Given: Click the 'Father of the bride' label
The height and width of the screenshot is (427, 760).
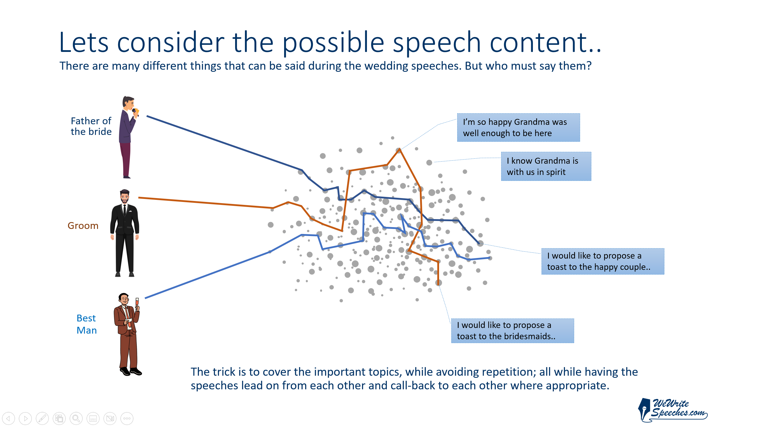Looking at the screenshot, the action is click(x=91, y=126).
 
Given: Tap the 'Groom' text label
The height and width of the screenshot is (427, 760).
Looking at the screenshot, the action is click(x=83, y=226).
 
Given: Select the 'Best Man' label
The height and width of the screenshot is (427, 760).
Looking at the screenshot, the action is click(x=86, y=324).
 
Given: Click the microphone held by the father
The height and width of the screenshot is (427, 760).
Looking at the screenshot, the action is click(x=135, y=112).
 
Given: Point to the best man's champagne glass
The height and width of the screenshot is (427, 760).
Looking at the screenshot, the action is click(x=137, y=302).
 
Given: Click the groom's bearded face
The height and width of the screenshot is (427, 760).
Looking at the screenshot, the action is click(x=125, y=197).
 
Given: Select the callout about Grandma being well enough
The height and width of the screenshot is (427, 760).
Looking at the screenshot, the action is click(x=518, y=128).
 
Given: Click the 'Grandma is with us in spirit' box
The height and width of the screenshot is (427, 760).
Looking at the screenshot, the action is click(x=546, y=166).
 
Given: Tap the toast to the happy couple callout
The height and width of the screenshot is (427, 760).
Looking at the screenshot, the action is click(x=603, y=261).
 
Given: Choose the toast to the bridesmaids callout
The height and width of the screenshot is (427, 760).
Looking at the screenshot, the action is click(x=512, y=331).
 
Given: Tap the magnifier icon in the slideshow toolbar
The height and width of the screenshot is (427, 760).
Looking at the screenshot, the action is click(x=76, y=418).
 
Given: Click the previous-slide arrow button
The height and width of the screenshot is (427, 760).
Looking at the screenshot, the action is click(x=8, y=418).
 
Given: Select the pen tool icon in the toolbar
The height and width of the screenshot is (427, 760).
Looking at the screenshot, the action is click(x=42, y=418).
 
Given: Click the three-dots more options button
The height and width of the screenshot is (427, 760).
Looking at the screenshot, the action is click(x=127, y=418).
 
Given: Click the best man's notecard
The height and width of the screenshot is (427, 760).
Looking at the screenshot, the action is click(x=128, y=321).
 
